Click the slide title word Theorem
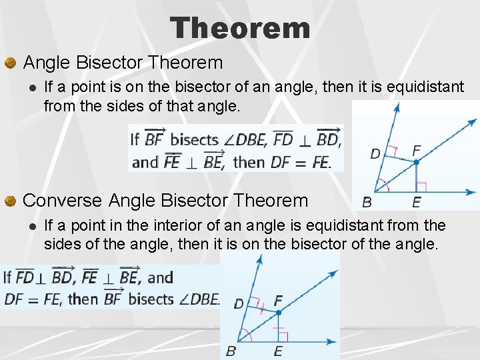240,28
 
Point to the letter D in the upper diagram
375,154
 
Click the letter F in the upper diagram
417,150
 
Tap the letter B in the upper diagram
367,201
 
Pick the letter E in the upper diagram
417,202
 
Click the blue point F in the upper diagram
416,162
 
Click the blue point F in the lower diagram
279,312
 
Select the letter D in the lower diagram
238,304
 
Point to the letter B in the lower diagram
231,351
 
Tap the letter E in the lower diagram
278,351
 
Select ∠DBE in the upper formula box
245,140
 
